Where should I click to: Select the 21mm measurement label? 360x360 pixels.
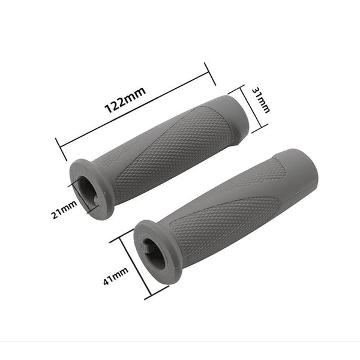tap(64, 211)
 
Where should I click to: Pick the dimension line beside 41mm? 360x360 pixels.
tap(136, 264)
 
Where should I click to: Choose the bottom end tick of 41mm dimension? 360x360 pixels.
tap(157, 294)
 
